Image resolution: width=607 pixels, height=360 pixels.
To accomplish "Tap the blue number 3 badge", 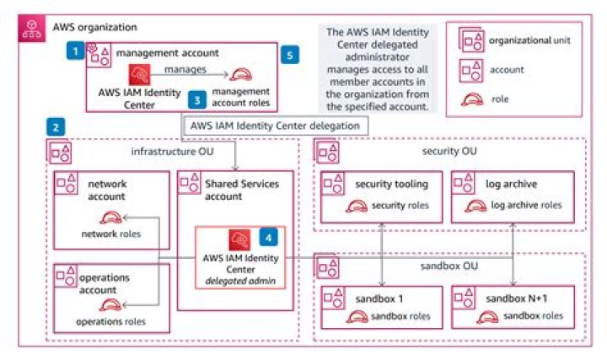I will click(x=196, y=99).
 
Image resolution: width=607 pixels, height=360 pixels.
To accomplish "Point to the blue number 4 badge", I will click(x=268, y=238).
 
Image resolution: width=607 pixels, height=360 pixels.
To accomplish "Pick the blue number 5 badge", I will click(x=291, y=56).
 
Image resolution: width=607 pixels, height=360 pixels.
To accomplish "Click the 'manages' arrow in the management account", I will click(x=192, y=73).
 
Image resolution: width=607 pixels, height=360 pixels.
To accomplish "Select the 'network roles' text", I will click(x=111, y=234).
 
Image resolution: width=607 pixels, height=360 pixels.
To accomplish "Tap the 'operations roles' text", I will click(x=110, y=321).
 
